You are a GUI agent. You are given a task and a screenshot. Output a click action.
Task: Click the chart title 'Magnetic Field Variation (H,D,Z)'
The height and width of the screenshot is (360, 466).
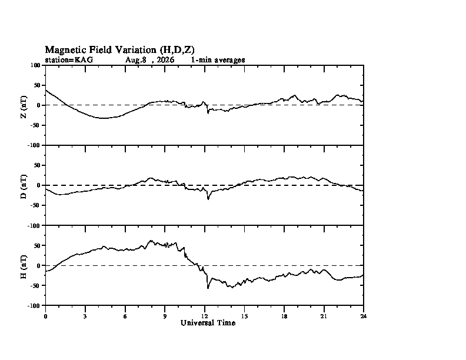pos(120,49)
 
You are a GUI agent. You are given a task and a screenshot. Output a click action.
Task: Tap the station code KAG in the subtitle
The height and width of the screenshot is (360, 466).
pos(84,60)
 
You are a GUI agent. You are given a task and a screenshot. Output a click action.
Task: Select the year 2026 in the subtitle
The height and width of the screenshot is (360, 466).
pos(165,60)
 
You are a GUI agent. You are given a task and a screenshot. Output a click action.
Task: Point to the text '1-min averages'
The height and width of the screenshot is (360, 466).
pos(218,60)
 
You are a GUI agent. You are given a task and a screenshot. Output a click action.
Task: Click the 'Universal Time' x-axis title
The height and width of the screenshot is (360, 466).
pos(208,323)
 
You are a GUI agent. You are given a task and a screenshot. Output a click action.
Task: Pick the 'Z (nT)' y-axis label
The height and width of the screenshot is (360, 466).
pos(24,106)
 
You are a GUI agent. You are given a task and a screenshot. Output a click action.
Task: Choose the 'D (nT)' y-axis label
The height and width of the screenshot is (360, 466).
pos(24,186)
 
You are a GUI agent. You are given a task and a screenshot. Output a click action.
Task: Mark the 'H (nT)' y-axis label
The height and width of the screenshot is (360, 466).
pos(24,266)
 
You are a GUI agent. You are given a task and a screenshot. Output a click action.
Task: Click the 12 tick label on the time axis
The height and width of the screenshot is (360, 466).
pos(205,316)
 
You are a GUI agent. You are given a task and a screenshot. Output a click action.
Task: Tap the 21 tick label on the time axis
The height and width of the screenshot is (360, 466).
pos(324,316)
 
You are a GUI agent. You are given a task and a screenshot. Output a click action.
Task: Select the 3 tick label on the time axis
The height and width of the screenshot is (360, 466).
pos(85,316)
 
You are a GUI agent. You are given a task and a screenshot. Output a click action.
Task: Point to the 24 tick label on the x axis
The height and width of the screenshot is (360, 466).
pos(364,316)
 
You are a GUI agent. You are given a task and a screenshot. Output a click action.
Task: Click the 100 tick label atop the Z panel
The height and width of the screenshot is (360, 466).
pos(35,65)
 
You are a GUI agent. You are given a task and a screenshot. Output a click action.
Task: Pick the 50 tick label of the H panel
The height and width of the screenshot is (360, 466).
pos(37,245)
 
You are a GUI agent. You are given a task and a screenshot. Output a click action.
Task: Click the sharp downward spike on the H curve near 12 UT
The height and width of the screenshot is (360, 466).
pos(208,288)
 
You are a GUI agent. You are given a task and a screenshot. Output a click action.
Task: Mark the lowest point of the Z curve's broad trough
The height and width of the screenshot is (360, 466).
pos(104,118)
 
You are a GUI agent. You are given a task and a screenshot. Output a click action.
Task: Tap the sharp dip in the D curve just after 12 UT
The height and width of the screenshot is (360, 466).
pos(208,199)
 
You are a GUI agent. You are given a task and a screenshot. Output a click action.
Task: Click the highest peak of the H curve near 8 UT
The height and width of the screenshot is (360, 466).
pos(151,241)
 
